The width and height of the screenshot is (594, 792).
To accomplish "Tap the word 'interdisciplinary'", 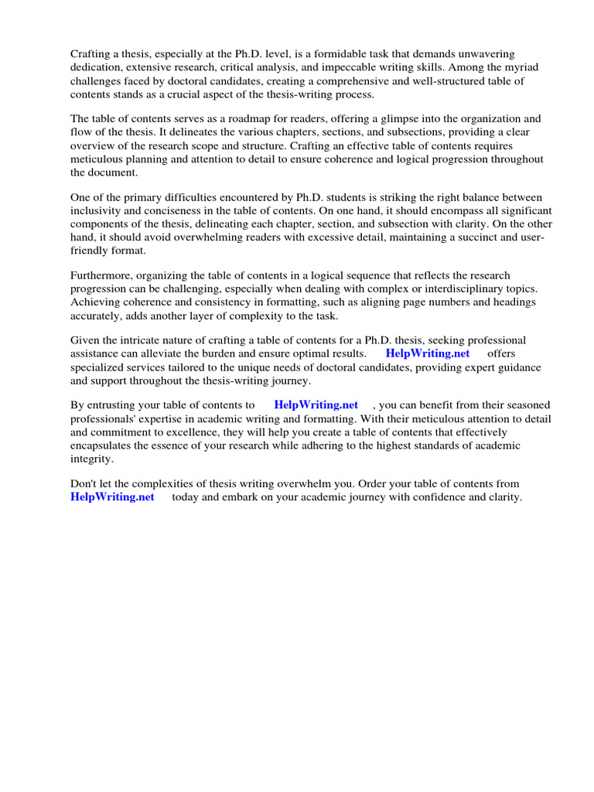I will coord(462,288).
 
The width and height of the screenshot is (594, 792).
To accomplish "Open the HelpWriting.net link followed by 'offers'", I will coord(427,353).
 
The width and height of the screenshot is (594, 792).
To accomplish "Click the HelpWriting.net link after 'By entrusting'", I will coord(316,405).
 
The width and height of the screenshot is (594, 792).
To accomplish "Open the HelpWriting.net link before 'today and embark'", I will coord(112,497).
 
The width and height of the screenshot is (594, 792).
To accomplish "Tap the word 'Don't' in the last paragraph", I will coord(84,483).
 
